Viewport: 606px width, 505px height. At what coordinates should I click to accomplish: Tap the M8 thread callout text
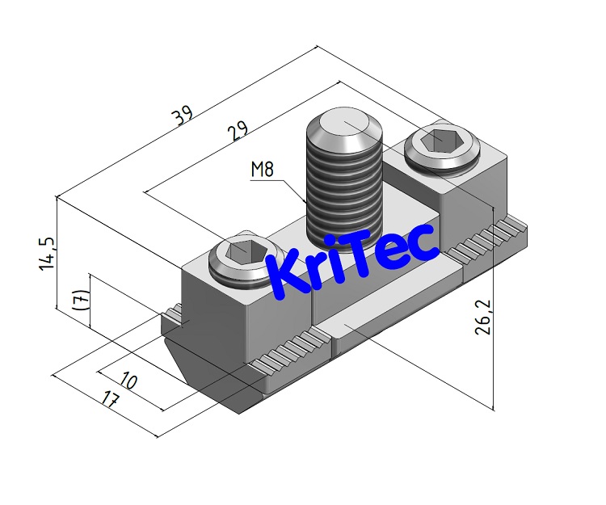(263, 170)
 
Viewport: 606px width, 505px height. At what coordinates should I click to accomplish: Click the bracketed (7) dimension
(78, 300)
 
